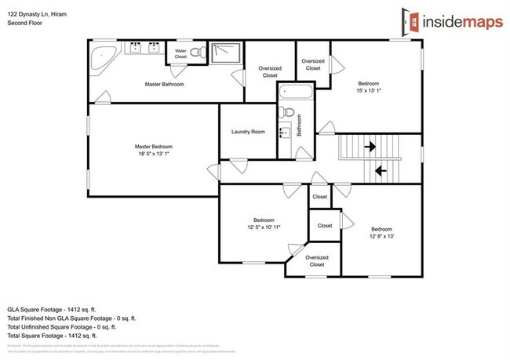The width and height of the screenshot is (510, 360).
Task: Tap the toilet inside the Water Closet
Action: coord(199,53)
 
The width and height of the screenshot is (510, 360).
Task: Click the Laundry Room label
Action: coord(247,132)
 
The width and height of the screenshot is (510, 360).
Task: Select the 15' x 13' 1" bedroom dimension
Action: coord(369,89)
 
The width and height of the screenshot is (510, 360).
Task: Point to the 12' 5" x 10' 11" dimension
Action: coord(263,227)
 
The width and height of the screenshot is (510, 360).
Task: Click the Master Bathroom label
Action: coord(165,83)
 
